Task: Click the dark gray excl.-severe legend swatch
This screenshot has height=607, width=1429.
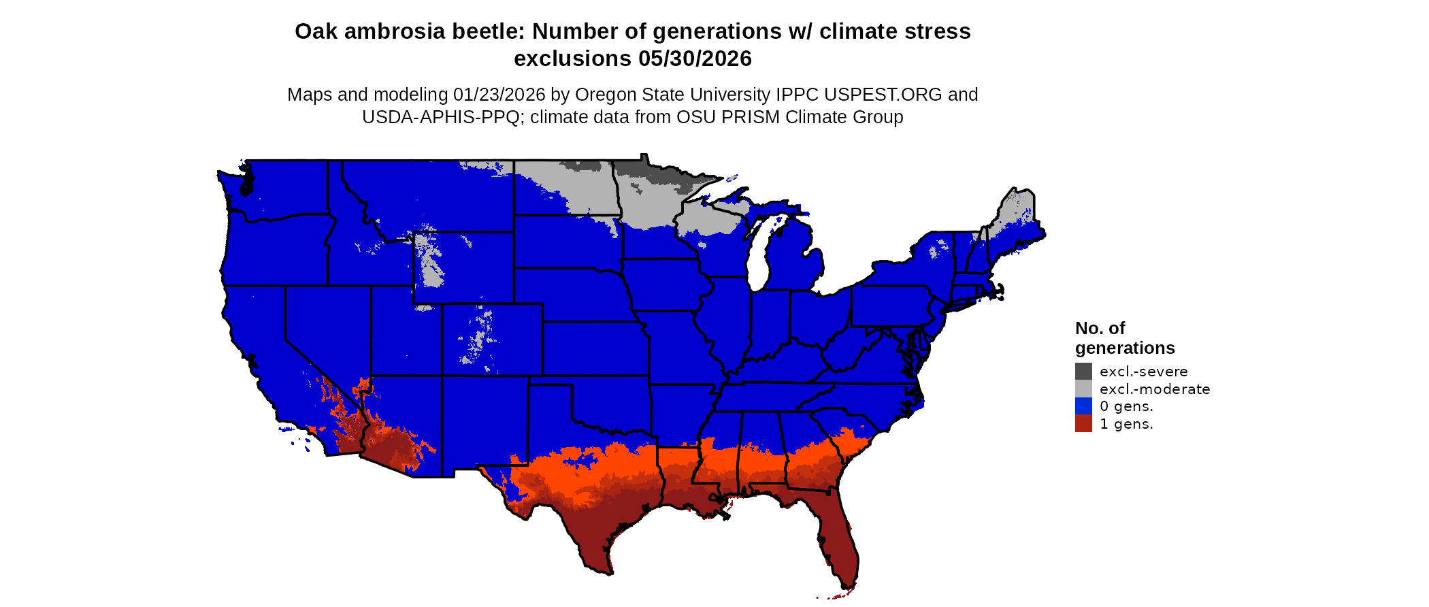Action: tap(1083, 371)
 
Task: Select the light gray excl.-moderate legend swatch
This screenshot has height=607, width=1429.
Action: tap(1083, 389)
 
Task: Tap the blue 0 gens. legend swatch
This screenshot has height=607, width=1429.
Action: tap(1083, 406)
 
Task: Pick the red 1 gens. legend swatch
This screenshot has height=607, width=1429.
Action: tap(1083, 424)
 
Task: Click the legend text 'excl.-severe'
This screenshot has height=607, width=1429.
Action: tap(1143, 372)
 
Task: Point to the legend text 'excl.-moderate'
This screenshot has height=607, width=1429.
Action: tap(1155, 389)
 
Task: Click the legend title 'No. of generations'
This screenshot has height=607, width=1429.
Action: tap(1124, 338)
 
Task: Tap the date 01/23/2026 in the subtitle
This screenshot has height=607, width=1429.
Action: tap(499, 95)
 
